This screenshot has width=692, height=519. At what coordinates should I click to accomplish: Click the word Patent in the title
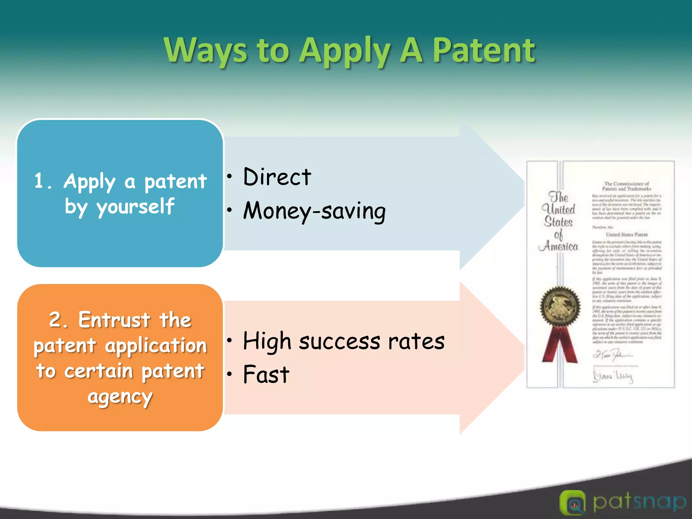coord(484,51)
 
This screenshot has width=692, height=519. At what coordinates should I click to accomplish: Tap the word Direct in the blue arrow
coord(277,177)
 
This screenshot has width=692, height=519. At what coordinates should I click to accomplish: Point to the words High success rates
coord(344,341)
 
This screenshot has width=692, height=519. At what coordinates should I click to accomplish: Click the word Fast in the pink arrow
coord(266,374)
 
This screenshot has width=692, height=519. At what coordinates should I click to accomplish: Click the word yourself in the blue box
coord(136,207)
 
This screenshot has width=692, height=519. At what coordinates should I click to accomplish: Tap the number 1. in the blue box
coord(43,181)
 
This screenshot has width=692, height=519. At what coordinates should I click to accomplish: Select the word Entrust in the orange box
coord(114,320)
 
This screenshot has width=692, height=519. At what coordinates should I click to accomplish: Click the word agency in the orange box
coord(120,397)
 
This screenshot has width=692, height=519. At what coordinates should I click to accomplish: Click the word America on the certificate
coord(558,246)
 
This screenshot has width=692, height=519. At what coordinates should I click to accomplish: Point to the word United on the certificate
coord(558,209)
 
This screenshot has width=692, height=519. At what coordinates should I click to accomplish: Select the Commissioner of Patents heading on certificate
coord(626,186)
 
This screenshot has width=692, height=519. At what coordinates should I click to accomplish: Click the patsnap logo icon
coord(572,503)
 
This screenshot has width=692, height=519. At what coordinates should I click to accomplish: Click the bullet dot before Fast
coord(230,374)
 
